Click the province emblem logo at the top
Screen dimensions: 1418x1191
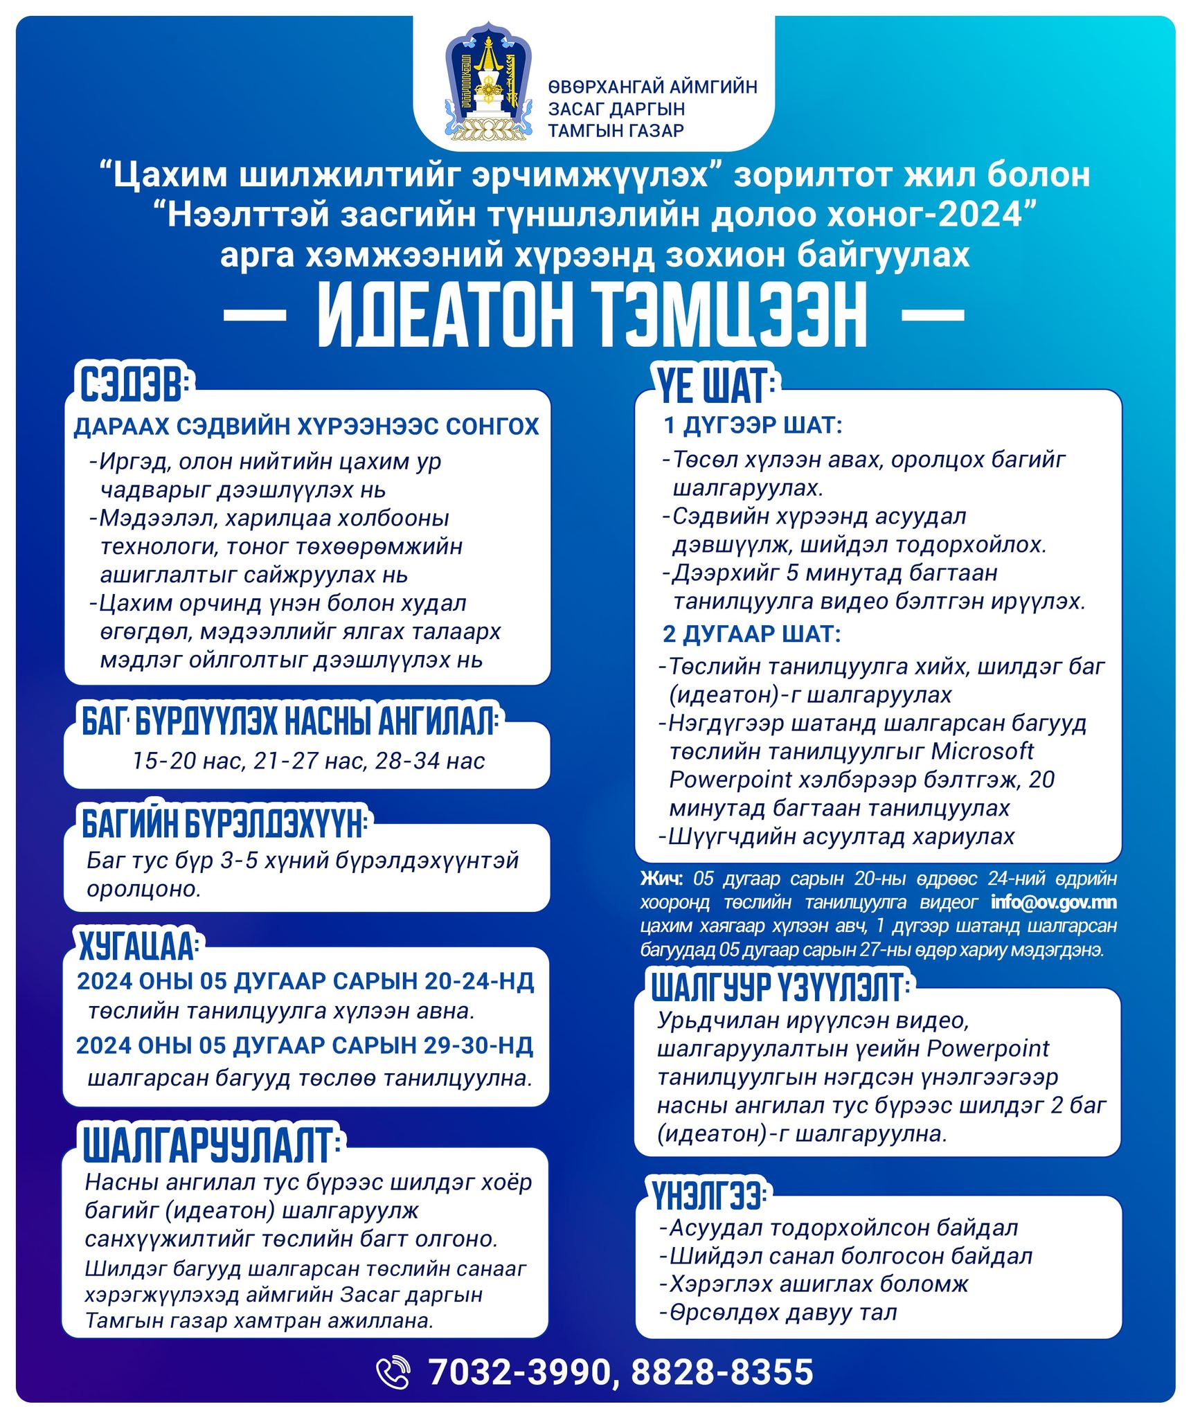(489, 82)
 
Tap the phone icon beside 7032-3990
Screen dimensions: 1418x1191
(393, 1372)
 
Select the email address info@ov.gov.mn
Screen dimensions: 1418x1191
(1053, 902)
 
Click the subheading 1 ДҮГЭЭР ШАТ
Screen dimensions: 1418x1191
(753, 425)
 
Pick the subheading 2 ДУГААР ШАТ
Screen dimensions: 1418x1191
(751, 634)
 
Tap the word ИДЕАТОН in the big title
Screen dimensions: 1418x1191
(445, 316)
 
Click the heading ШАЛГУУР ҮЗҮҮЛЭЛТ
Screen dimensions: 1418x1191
(778, 987)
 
